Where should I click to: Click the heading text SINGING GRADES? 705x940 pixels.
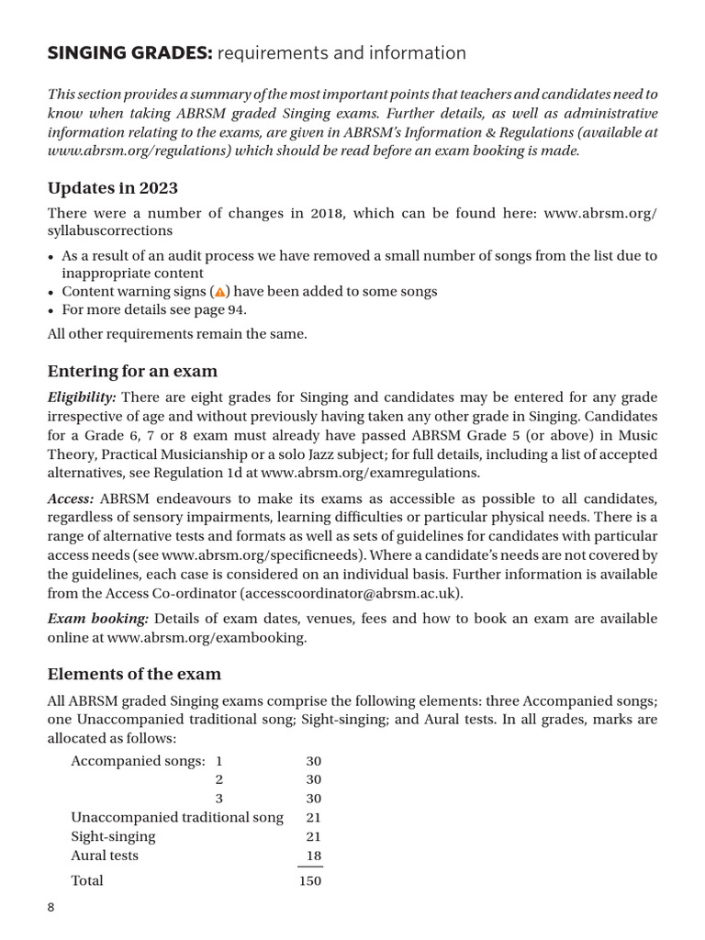[129, 54]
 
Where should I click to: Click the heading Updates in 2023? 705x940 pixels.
[109, 188]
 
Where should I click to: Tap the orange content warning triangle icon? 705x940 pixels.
[219, 292]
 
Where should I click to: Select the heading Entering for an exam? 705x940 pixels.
[132, 372]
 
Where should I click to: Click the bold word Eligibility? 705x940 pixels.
[82, 397]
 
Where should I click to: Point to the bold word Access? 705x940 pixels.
[71, 498]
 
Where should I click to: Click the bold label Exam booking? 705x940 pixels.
[93, 619]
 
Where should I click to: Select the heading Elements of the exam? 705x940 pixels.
[134, 674]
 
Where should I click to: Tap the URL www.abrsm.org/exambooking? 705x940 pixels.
[207, 637]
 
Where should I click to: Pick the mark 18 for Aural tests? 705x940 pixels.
[313, 855]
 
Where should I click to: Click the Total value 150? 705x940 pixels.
[310, 880]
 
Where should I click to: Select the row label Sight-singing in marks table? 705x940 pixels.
[113, 836]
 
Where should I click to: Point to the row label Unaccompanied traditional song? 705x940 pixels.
[177, 817]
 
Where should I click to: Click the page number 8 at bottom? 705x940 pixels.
[51, 908]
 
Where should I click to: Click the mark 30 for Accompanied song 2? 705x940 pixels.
[313, 779]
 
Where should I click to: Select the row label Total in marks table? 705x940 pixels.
[87, 880]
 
